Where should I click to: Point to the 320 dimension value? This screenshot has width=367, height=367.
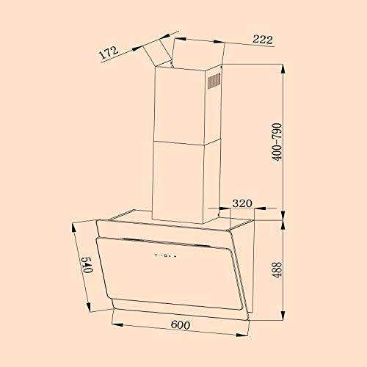(244, 202)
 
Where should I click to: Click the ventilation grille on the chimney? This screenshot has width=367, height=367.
(214, 80)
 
